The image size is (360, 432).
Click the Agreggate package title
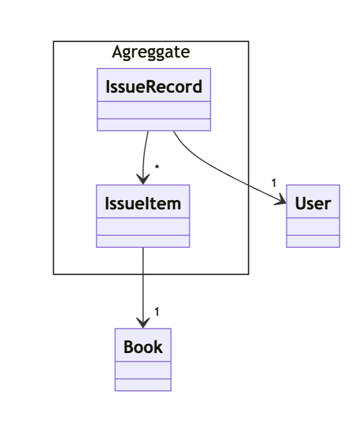tap(151, 52)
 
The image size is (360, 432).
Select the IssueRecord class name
tap(154, 86)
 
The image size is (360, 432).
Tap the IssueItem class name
tap(143, 203)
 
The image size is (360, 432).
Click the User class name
tap(313, 203)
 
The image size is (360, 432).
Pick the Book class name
tap(143, 346)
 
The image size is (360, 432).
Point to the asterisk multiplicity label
tap(157, 167)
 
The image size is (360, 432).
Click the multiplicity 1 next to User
tap(274, 183)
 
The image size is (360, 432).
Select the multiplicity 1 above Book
tap(157, 311)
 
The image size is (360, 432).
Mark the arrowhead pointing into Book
tap(143, 322)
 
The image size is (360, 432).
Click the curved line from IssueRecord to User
tap(220, 170)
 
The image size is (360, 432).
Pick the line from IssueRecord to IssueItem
tap(145, 154)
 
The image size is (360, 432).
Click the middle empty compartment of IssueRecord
tap(154, 110)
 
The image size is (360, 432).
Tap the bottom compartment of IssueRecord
tap(154, 124)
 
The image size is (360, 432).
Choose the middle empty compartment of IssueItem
tap(143, 226)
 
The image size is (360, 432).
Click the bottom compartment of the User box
tap(313, 241)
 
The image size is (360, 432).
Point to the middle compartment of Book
tap(143, 370)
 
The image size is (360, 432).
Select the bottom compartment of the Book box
tap(143, 385)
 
